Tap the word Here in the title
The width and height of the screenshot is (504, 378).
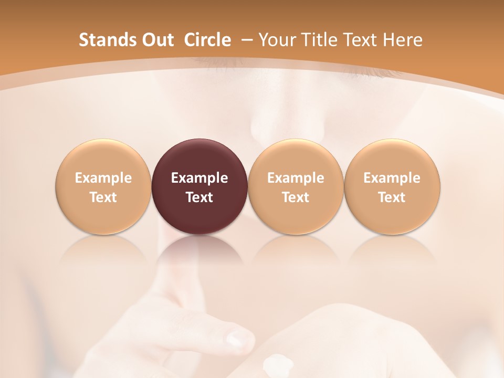tap(403, 40)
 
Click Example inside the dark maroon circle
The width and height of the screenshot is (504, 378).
tap(199, 178)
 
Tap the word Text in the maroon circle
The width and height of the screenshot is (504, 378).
tap(199, 197)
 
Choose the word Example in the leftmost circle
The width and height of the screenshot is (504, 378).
tap(103, 178)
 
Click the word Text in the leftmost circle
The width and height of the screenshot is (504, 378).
tap(103, 197)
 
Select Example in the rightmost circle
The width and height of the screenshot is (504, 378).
tap(392, 178)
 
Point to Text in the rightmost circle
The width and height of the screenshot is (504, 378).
tap(392, 197)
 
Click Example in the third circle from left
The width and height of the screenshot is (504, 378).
tap(296, 178)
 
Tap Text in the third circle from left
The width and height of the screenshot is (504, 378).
tap(296, 197)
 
